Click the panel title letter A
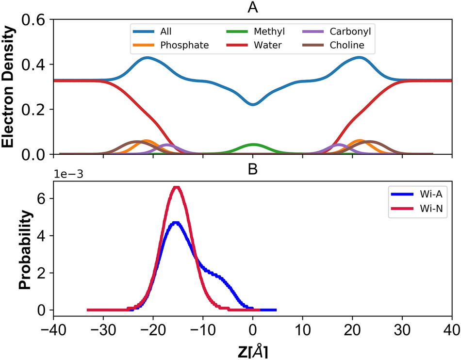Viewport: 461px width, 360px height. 252,7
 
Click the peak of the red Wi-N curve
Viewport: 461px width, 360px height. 177,187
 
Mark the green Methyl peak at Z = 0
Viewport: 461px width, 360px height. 252,145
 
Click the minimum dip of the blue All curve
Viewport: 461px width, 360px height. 252,104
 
